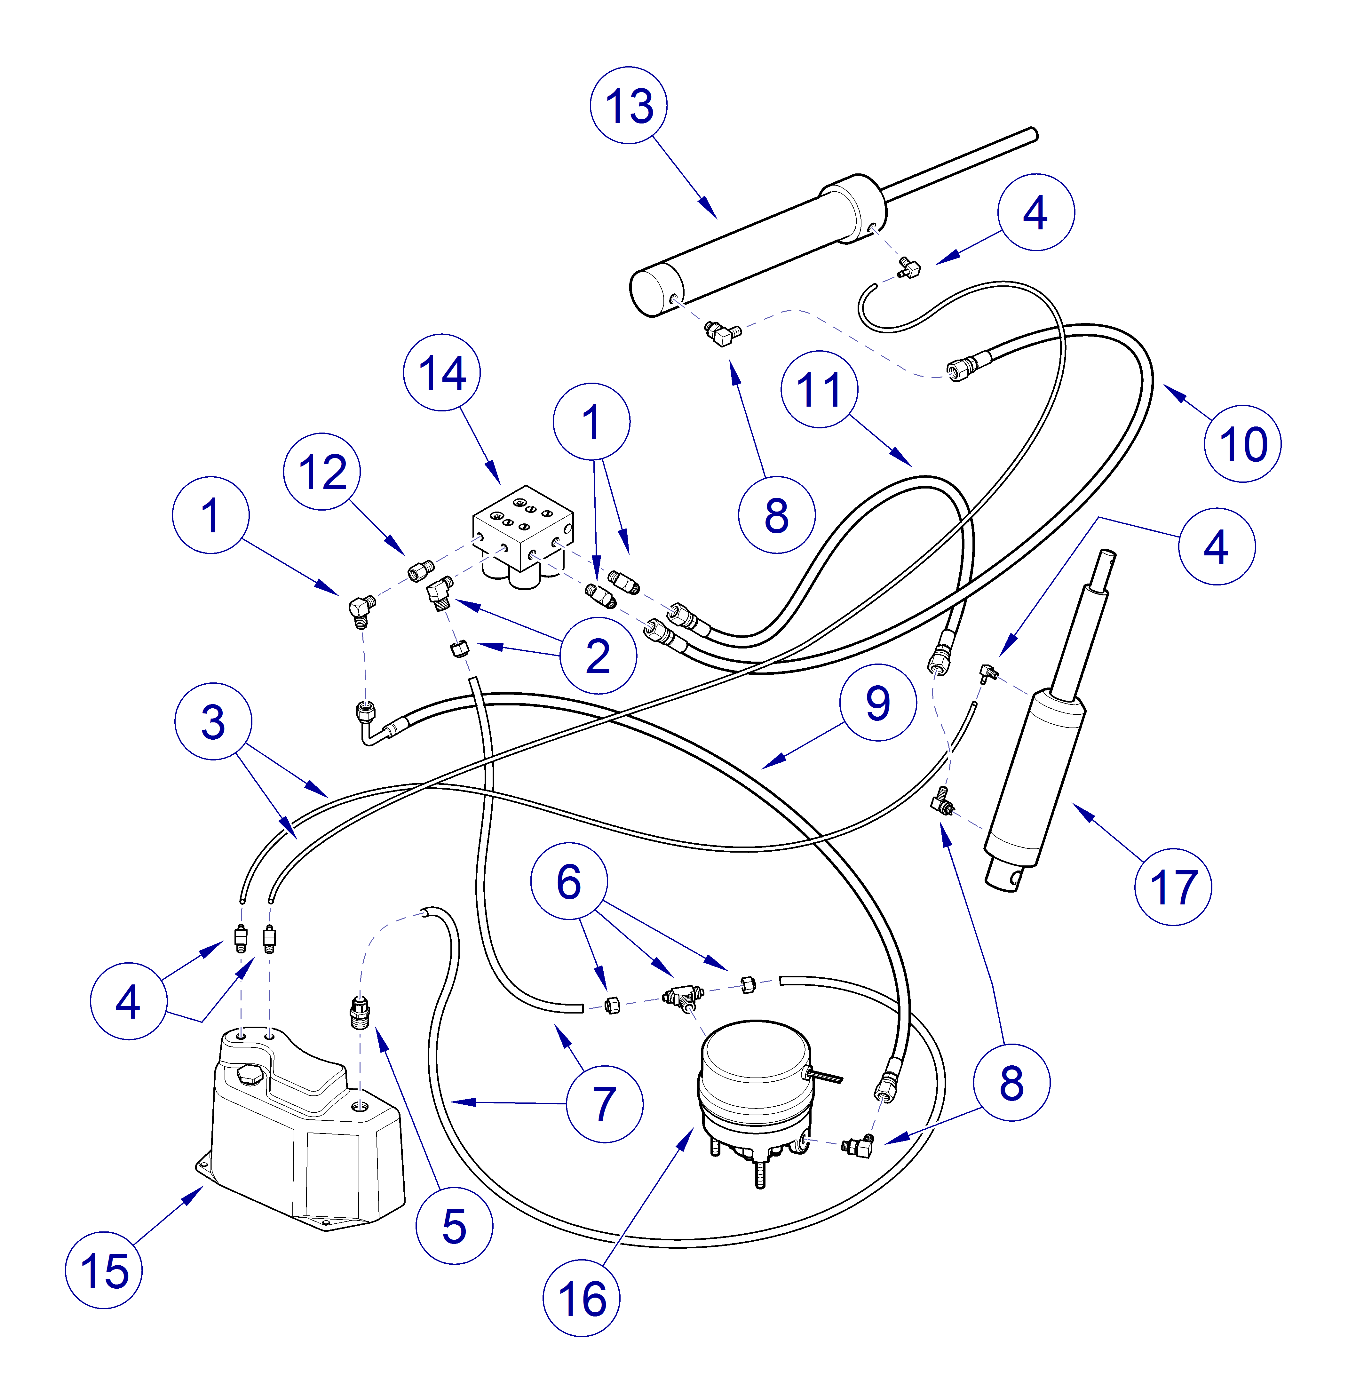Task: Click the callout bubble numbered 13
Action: [629, 106]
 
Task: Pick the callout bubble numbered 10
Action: [1242, 444]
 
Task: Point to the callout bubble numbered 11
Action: [819, 389]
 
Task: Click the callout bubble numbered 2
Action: [598, 656]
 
